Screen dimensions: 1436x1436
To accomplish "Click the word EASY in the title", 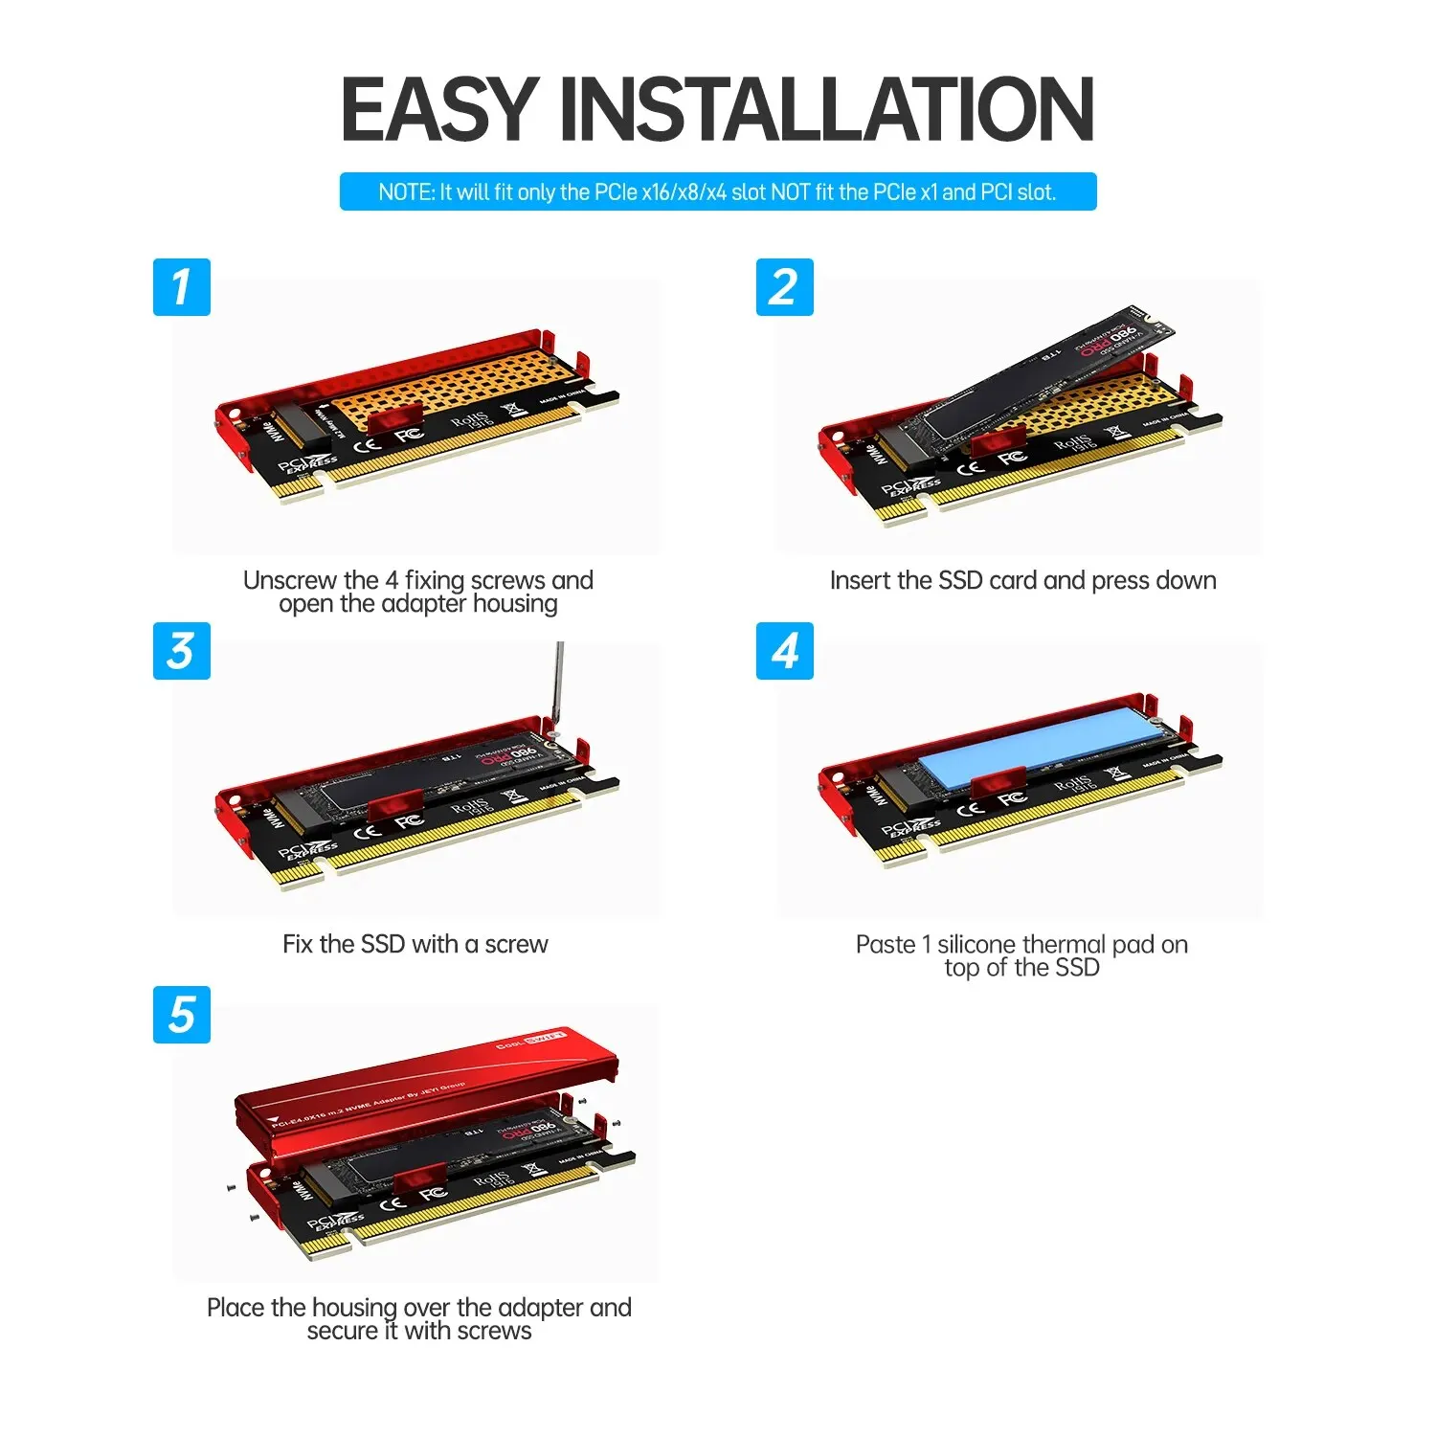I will (439, 109).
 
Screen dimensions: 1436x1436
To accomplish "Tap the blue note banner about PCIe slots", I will (717, 191).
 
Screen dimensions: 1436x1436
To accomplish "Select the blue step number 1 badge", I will (181, 287).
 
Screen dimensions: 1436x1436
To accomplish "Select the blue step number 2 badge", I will (784, 287).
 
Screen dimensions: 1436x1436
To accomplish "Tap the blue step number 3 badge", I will (181, 651).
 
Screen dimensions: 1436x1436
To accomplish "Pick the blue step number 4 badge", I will (784, 651).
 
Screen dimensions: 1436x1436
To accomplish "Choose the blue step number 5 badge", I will (181, 1015).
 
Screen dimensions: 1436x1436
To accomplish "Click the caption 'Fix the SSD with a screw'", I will (415, 944).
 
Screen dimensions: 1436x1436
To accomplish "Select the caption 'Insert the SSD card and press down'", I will (1022, 580).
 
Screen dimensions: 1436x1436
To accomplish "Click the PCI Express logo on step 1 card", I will (307, 464).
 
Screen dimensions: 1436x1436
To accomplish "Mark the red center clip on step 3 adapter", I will (394, 807).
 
